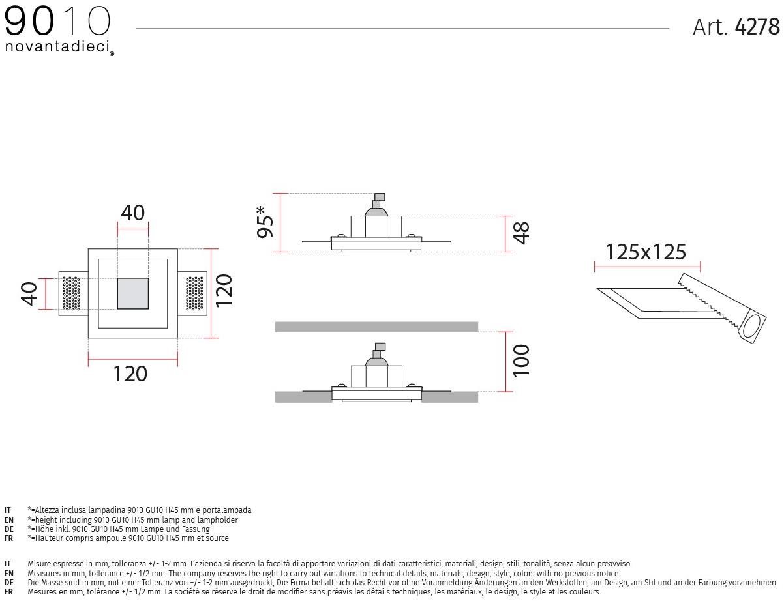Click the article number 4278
pyautogui.click(x=757, y=27)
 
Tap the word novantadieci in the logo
pyautogui.click(x=57, y=46)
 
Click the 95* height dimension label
pyautogui.click(x=265, y=222)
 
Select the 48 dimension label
pyautogui.click(x=522, y=233)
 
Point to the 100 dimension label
pyautogui.click(x=521, y=361)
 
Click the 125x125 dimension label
pyautogui.click(x=646, y=252)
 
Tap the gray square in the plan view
pyautogui.click(x=133, y=293)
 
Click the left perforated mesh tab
pyautogui.click(x=72, y=293)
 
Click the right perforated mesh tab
pyautogui.click(x=194, y=293)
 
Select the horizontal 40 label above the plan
pyautogui.click(x=133, y=213)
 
